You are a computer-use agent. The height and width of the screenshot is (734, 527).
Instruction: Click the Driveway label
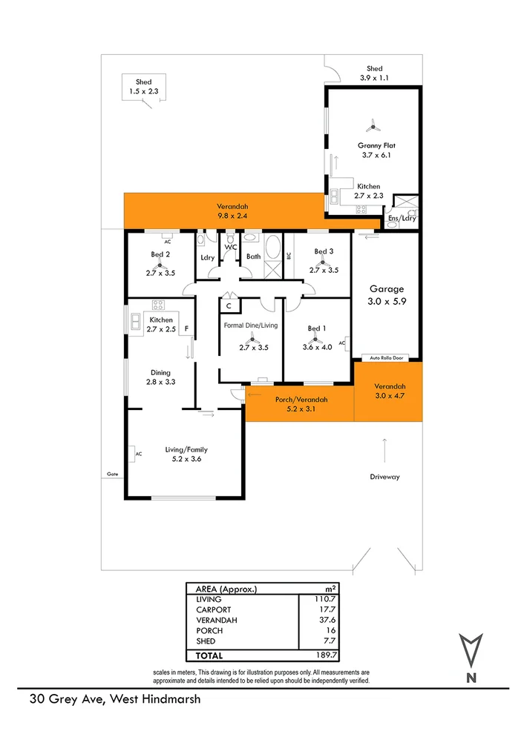pyautogui.click(x=384, y=477)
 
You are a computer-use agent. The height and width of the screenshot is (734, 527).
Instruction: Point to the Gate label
pyautogui.click(x=112, y=473)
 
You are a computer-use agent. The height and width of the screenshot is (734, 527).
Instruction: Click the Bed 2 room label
pyautogui.click(x=160, y=254)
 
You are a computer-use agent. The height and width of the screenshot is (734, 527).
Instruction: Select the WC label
pyautogui.click(x=230, y=247)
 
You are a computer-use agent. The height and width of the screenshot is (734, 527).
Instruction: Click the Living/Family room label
pyautogui.click(x=186, y=449)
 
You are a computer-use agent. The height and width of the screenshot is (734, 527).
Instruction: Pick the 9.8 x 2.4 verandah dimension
pyautogui.click(x=232, y=216)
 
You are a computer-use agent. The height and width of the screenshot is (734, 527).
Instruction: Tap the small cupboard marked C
pyautogui.click(x=229, y=305)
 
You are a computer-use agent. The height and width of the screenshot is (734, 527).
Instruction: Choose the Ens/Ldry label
pyautogui.click(x=402, y=219)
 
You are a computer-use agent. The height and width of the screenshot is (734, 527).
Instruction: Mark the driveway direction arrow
pyautogui.click(x=384, y=449)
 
